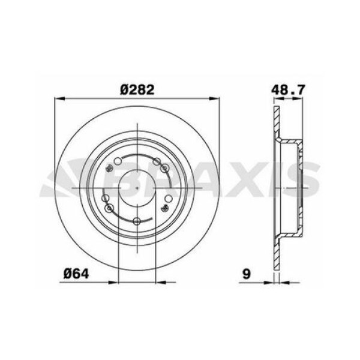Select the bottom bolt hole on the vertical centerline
137,223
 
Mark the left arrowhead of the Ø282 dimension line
58,101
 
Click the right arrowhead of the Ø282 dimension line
218,101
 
